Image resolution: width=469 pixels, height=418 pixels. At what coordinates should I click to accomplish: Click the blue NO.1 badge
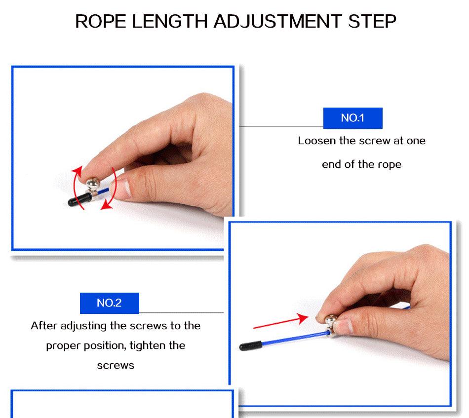tap(352, 118)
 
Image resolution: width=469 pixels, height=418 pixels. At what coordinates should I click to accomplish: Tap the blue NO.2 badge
tap(109, 303)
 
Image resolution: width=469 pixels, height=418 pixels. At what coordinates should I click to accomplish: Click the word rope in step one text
tap(390, 164)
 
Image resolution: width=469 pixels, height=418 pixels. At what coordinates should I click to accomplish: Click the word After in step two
tap(44, 326)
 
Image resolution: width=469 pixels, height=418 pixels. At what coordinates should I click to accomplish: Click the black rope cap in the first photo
tap(76, 200)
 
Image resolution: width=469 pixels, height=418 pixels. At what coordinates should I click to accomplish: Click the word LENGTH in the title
tap(171, 22)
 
